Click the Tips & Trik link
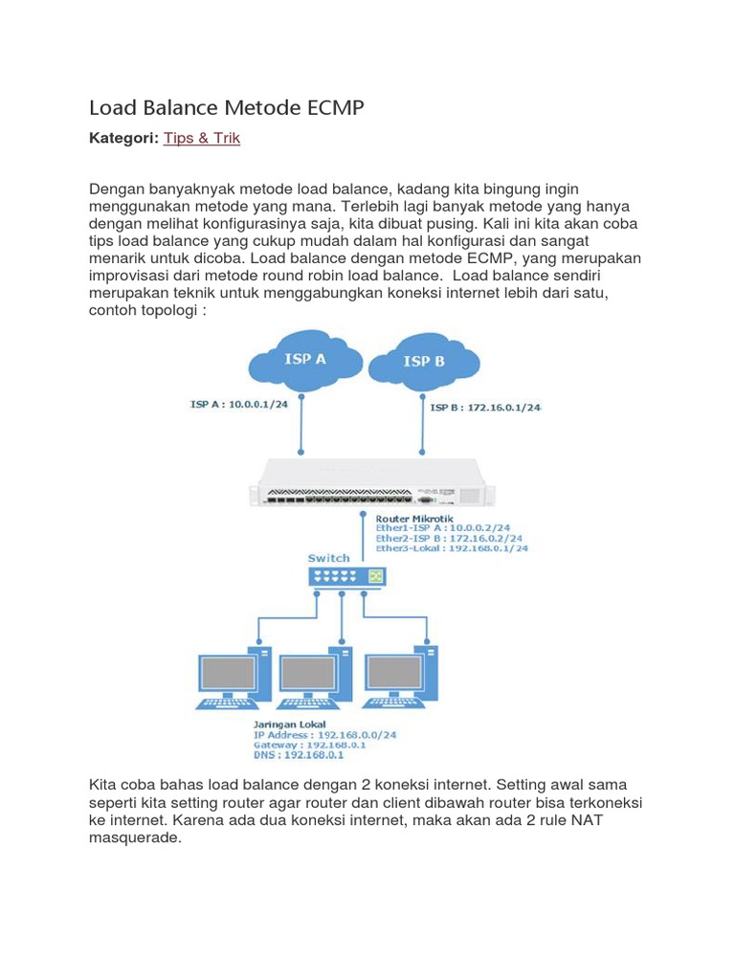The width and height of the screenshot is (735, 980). tap(201, 139)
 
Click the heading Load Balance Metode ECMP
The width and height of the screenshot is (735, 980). tap(227, 107)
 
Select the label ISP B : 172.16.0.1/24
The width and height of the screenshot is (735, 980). tap(485, 408)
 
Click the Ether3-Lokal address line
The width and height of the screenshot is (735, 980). tap(451, 548)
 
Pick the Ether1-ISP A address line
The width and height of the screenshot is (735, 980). tap(443, 527)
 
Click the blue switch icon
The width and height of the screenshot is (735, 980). tap(346, 576)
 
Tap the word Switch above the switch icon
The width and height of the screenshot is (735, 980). tap(328, 557)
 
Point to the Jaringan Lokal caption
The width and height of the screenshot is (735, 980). tap(289, 724)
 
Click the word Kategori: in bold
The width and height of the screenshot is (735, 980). tap(123, 139)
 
